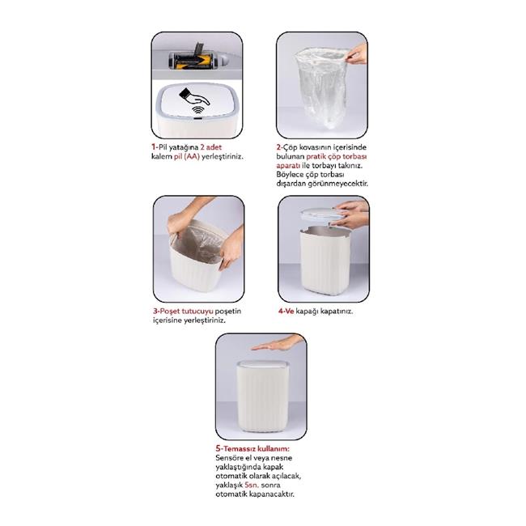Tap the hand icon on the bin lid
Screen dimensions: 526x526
tap(194, 97)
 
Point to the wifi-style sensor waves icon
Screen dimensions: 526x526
tap(198, 110)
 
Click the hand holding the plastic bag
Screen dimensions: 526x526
tap(357, 53)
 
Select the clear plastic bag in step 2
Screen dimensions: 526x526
tap(320, 88)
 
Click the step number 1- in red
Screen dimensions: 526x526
tap(155, 147)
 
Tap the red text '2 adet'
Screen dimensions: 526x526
tap(210, 147)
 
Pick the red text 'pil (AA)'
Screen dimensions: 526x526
tap(186, 156)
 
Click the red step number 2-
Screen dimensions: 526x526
tap(280, 147)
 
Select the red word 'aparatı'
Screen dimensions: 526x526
tap(288, 166)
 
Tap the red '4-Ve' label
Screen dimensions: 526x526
tap(286, 311)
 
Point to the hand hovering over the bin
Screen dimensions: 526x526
tap(278, 343)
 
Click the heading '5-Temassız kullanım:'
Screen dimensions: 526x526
tap(252, 449)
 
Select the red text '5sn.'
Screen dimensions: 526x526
tap(252, 485)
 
